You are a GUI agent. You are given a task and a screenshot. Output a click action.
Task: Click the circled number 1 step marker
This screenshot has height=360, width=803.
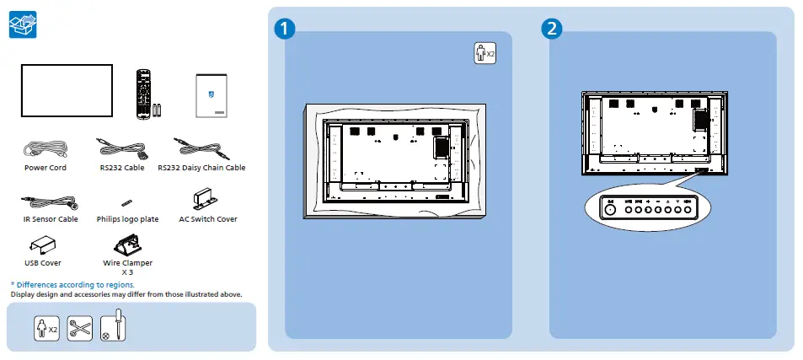286,28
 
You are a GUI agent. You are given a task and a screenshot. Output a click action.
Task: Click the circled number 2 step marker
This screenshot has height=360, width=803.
551,28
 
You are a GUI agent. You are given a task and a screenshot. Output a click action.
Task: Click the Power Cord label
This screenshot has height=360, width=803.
46,168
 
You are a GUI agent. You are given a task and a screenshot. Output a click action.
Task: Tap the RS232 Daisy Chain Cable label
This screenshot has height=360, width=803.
201,168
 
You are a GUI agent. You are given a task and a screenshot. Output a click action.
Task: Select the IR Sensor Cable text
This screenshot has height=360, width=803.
51,219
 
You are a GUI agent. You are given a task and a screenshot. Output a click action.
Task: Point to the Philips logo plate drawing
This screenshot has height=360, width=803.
126,203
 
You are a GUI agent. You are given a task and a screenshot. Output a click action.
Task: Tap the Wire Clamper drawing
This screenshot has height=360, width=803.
127,245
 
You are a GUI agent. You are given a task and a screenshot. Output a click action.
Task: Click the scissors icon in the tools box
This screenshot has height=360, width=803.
79,328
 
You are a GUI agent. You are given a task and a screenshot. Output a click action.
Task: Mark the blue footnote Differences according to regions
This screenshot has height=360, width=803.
72,285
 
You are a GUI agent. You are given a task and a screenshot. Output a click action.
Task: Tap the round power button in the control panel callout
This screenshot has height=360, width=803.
610,212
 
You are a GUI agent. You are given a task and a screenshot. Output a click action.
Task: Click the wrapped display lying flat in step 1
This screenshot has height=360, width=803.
394,160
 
